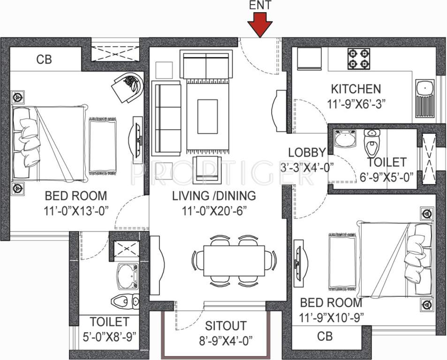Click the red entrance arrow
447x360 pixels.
tap(260, 24)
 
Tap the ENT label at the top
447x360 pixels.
tap(260, 6)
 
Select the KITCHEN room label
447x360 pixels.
tap(356, 89)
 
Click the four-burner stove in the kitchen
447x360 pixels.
tap(358, 59)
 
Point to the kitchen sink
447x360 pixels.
tap(426, 99)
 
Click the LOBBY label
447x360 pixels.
tap(307, 152)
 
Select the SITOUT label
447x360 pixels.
tap(226, 326)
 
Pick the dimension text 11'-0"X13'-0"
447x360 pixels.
tap(76, 210)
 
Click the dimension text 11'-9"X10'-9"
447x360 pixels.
tap(331, 318)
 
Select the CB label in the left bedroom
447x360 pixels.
tap(44, 60)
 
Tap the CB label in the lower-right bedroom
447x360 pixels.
tap(325, 336)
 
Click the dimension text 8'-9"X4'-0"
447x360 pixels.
tap(226, 340)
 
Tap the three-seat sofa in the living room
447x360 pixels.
tap(166, 118)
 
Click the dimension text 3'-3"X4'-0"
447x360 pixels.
tap(307, 166)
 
